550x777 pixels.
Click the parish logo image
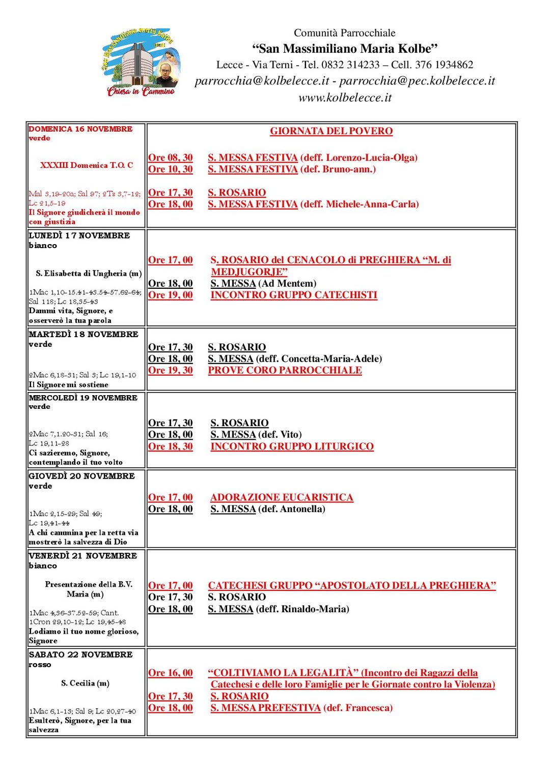click(141, 63)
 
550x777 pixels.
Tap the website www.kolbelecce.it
click(345, 98)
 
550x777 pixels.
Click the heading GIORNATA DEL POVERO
click(331, 131)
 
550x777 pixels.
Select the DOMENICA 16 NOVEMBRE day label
click(80, 129)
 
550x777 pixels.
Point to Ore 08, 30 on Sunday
click(171, 158)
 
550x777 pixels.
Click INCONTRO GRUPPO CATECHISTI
click(294, 295)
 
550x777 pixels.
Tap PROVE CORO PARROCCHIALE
click(285, 370)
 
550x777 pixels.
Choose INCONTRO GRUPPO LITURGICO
click(292, 446)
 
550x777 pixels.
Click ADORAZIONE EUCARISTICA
click(282, 497)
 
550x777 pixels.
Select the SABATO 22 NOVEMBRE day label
click(80, 654)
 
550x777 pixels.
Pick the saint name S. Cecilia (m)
click(85, 683)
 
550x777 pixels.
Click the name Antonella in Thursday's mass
click(303, 509)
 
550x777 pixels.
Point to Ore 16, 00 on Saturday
click(171, 673)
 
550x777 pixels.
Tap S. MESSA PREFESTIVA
click(265, 708)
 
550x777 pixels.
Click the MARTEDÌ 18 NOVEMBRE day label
click(84, 334)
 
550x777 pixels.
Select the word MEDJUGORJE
click(250, 272)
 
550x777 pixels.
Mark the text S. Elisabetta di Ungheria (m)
click(89, 274)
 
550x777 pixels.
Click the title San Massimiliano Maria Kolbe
click(345, 49)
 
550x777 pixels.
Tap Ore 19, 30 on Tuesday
click(171, 370)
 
